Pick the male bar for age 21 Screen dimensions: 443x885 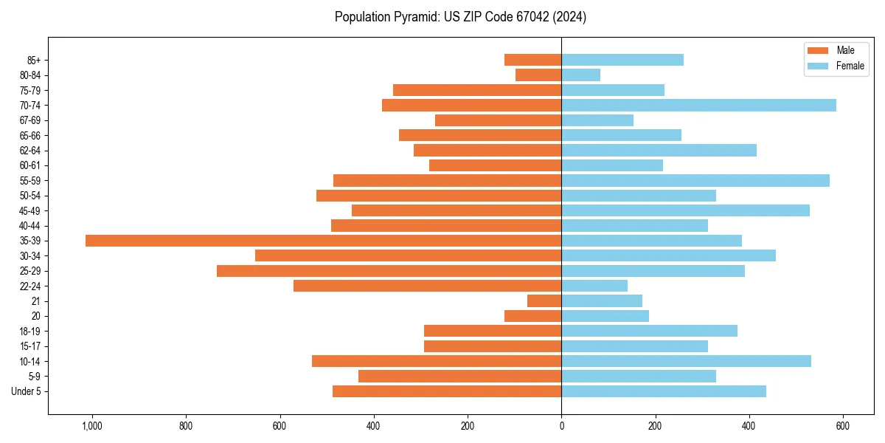click(x=544, y=301)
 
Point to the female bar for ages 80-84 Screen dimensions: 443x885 click(x=581, y=75)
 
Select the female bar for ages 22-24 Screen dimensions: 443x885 click(x=594, y=286)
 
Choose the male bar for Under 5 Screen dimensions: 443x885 click(x=447, y=391)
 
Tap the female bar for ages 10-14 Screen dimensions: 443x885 click(x=686, y=361)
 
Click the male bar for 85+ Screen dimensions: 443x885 click(x=532, y=60)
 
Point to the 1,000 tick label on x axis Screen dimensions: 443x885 click(x=92, y=426)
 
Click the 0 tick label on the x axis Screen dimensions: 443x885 click(x=561, y=426)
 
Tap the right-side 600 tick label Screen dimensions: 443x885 click(x=843, y=426)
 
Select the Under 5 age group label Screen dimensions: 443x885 click(x=27, y=391)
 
